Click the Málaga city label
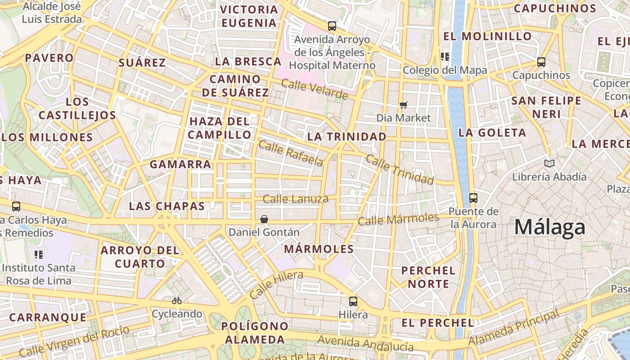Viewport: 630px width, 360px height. click(549, 227)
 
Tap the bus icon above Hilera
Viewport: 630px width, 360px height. click(353, 301)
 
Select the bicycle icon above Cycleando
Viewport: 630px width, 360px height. click(177, 301)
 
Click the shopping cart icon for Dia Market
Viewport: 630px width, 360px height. click(404, 105)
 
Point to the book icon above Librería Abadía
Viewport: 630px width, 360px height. click(549, 163)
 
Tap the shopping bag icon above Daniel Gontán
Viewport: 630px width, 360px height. click(264, 219)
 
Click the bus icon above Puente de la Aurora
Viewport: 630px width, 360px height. click(473, 198)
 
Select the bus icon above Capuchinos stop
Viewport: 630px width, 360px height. click(541, 62)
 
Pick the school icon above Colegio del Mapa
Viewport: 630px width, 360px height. click(445, 57)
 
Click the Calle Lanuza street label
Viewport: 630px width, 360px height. click(296, 199)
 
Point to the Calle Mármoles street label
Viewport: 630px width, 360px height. click(398, 219)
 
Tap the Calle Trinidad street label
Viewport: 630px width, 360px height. click(400, 169)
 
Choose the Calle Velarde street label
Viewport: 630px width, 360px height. click(315, 89)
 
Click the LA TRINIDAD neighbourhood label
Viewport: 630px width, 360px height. click(346, 136)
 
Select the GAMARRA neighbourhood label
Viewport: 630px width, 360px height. click(180, 164)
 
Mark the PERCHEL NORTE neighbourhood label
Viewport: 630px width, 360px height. click(428, 277)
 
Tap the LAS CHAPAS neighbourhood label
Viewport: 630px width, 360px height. click(166, 206)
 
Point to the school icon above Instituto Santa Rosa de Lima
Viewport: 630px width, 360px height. click(39, 255)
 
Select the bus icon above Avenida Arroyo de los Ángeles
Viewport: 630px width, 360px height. click(332, 26)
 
